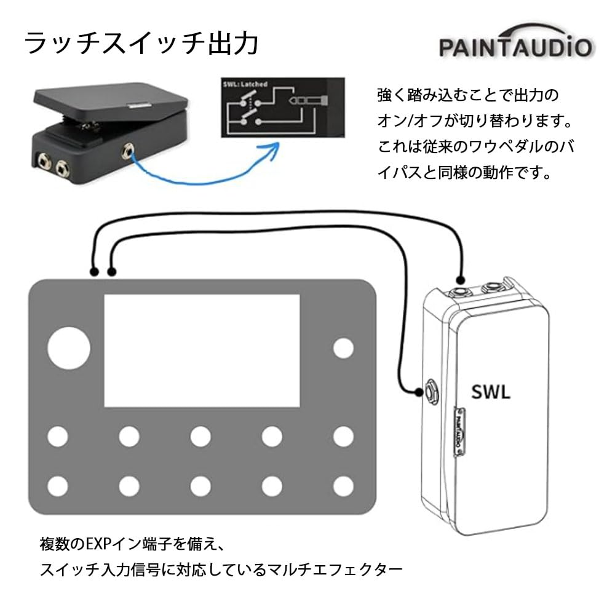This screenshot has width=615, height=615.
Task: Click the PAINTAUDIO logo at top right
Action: (515, 46)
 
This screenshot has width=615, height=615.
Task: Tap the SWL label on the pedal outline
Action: (491, 392)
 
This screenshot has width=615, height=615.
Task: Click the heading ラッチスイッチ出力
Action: (141, 45)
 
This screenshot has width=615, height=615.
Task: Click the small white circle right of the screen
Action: (343, 348)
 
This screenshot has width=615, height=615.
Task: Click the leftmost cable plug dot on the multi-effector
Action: (93, 271)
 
